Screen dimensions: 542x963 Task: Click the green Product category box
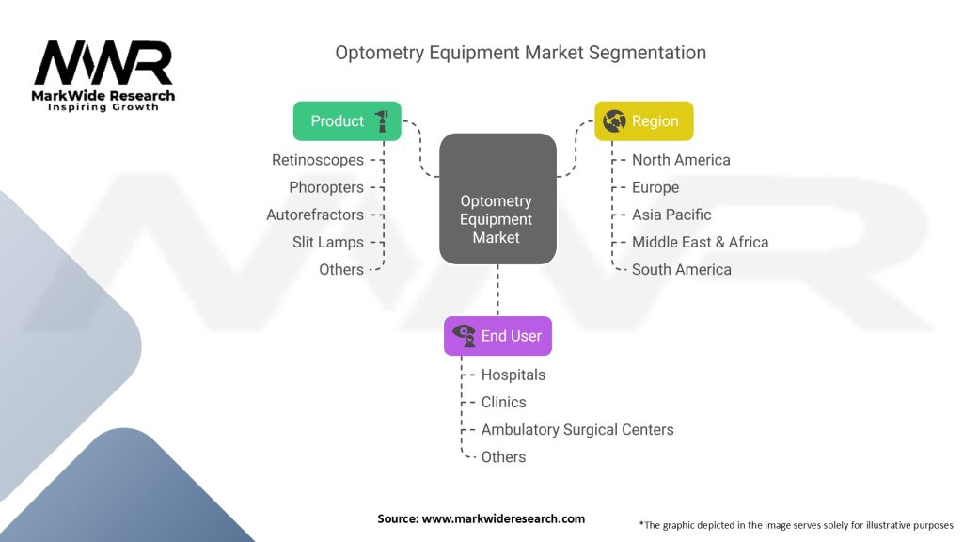(347, 120)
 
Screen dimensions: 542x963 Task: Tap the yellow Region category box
(643, 120)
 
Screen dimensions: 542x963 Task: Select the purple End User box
(497, 336)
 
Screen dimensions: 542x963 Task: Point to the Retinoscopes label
(317, 160)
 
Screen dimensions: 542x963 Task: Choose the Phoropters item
(325, 187)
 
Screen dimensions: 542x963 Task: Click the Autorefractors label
(314, 215)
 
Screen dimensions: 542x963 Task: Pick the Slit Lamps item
(327, 242)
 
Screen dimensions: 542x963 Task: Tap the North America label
(681, 160)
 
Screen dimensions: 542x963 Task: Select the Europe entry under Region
(655, 187)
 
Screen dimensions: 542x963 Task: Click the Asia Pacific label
(671, 215)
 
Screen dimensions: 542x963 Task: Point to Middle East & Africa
(700, 242)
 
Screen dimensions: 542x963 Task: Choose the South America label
(681, 269)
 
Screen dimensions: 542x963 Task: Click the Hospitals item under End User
(513, 375)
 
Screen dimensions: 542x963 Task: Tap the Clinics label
(503, 402)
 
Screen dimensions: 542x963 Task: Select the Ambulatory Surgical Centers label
(577, 429)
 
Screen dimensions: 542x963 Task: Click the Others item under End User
(503, 456)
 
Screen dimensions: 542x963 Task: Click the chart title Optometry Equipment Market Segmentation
(520, 53)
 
